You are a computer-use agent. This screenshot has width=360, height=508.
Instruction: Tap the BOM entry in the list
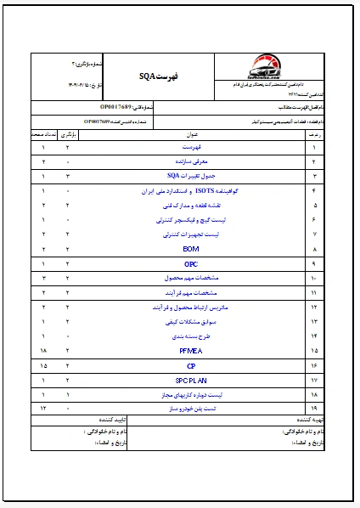coord(190,249)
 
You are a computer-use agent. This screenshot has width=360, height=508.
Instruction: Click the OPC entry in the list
coord(190,263)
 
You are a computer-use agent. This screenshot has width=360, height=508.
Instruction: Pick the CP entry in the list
coord(190,365)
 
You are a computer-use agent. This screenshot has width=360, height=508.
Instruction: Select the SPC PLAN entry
coord(190,380)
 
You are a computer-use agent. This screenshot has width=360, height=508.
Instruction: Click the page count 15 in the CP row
coord(42,365)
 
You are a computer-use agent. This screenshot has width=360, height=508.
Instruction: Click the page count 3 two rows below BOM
coord(42,278)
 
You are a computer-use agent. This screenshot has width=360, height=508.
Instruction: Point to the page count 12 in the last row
coord(42,409)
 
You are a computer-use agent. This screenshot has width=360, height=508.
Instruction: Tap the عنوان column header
coord(190,134)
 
